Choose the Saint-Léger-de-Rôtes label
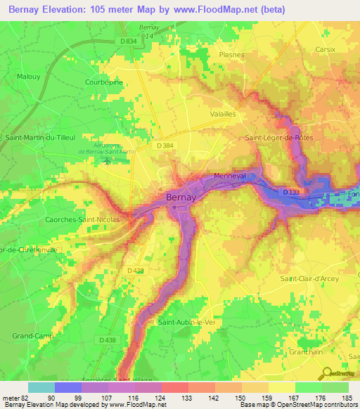coord(279,138)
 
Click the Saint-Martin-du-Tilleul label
coord(39,138)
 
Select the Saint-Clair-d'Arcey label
coord(309,279)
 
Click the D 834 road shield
coord(128,41)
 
